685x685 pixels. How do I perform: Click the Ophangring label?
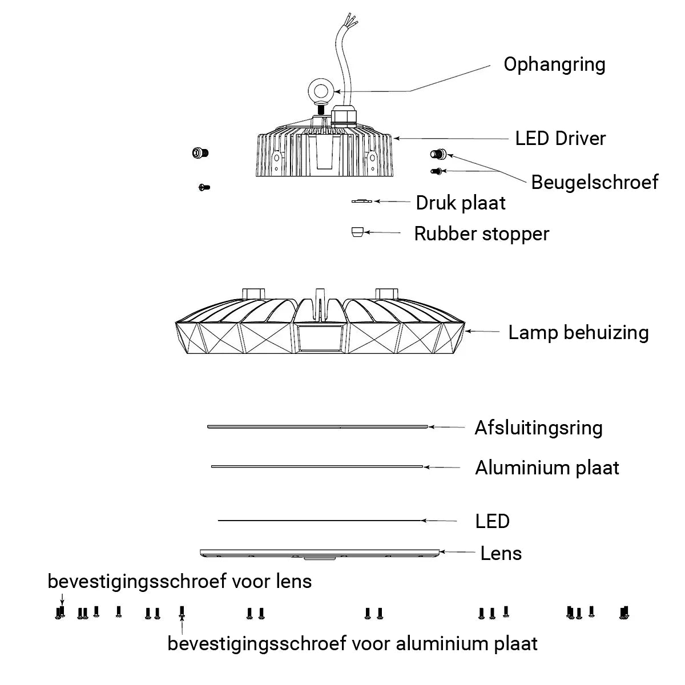pos(554,65)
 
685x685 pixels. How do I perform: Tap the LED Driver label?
pos(560,138)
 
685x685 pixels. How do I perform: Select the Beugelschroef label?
pos(594,182)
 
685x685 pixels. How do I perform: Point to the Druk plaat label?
pos(460,203)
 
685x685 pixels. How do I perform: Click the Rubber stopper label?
pos(481,233)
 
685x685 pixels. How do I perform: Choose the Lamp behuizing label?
pos(578,332)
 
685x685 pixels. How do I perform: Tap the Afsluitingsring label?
pos(538,428)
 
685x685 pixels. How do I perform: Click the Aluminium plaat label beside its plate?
pos(547,468)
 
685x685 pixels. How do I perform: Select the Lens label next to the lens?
pos(501,553)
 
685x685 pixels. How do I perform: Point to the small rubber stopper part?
pos(357,231)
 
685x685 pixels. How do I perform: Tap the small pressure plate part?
pos(361,201)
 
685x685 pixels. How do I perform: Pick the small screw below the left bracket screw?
pos(204,187)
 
